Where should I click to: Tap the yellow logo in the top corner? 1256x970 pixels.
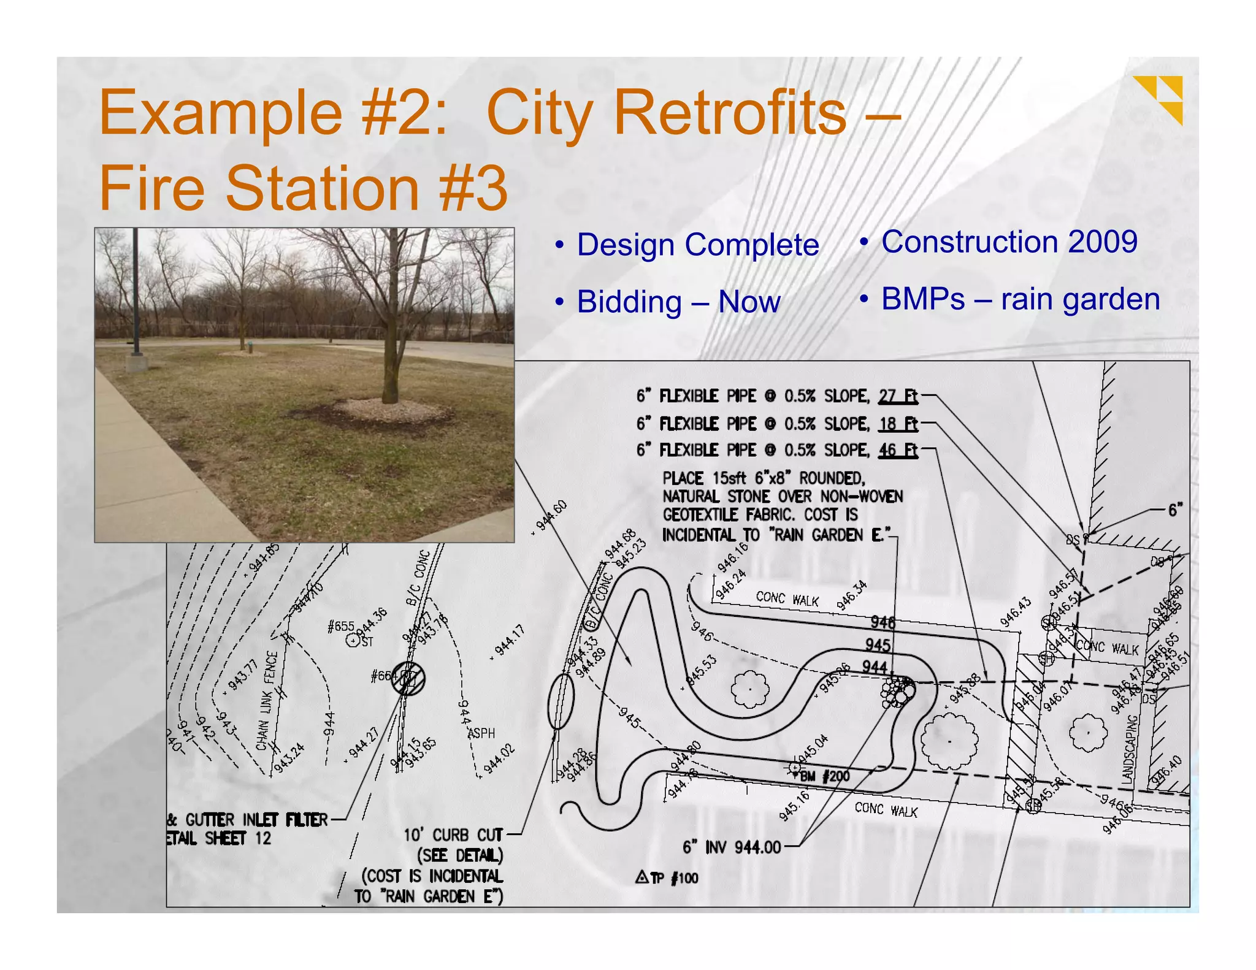pyautogui.click(x=1158, y=98)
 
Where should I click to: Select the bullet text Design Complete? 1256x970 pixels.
pyautogui.click(x=697, y=245)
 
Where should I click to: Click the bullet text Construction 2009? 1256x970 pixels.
pyautogui.click(x=1009, y=242)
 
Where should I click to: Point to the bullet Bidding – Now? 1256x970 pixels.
pyautogui.click(x=678, y=302)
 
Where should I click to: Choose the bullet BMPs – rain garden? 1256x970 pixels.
pyautogui.click(x=1020, y=300)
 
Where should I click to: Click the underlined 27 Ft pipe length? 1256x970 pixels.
pyautogui.click(x=898, y=397)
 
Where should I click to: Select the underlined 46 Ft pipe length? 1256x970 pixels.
pyautogui.click(x=898, y=451)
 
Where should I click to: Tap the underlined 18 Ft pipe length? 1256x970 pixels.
pyautogui.click(x=898, y=424)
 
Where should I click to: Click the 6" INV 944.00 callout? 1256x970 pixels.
pyautogui.click(x=731, y=848)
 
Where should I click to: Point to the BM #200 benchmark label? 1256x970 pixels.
pyautogui.click(x=824, y=776)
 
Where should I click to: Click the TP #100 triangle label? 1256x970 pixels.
pyautogui.click(x=667, y=878)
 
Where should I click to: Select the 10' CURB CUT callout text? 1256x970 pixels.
pyautogui.click(x=453, y=835)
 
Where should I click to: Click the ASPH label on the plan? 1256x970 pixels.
pyautogui.click(x=481, y=733)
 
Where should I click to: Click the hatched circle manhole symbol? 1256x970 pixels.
pyautogui.click(x=408, y=679)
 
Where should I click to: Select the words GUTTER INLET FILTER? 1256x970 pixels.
pyautogui.click(x=256, y=820)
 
